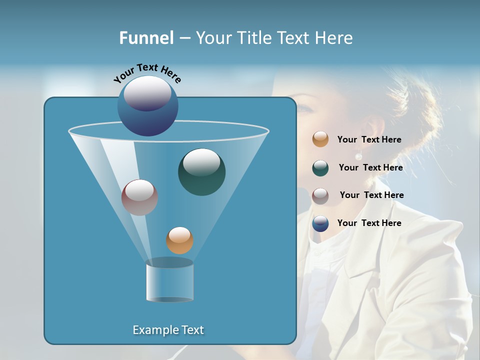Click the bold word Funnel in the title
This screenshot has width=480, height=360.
point(146,38)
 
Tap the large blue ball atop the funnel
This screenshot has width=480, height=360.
point(147,106)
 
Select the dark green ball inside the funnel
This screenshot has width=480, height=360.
point(201,172)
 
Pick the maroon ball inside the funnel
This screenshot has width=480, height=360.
point(139,197)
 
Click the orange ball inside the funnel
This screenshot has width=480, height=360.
point(179,240)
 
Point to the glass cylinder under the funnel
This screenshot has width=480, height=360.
point(170,281)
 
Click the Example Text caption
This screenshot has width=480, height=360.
point(168,330)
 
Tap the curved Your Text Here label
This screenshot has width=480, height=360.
point(147,73)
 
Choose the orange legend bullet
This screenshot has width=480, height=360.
point(320,139)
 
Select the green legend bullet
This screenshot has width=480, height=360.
point(320,168)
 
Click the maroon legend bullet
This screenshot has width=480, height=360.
point(320,195)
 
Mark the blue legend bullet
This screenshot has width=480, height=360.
point(320,223)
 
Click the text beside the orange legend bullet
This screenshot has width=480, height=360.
point(369,140)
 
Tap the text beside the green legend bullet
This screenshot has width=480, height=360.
point(370,168)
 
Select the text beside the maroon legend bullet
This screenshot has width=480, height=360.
point(371,195)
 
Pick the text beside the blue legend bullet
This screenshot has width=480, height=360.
point(369,223)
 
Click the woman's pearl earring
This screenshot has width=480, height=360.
point(358,156)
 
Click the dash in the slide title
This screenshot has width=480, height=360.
point(184,38)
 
